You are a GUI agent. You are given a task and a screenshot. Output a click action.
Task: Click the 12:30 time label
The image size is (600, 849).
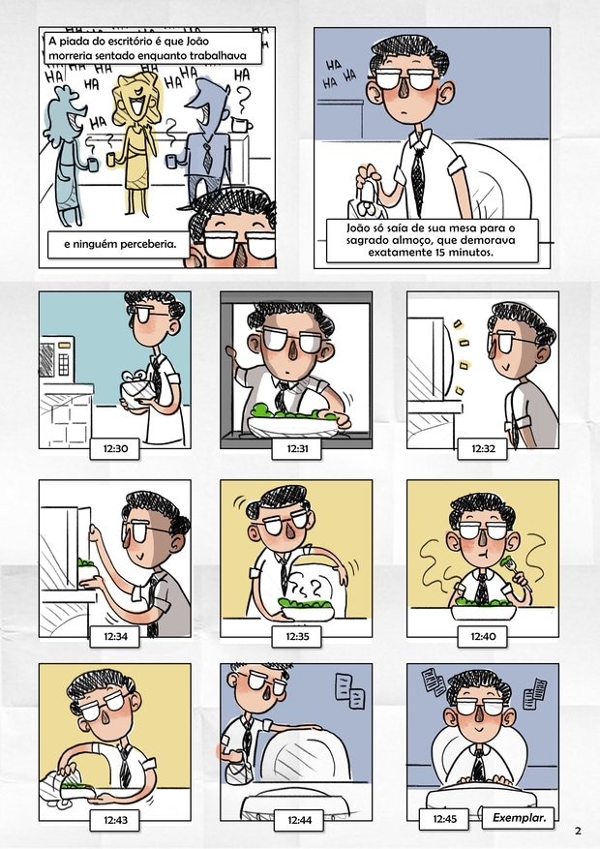(115, 448)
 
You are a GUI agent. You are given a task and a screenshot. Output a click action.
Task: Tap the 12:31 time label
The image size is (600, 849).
(297, 448)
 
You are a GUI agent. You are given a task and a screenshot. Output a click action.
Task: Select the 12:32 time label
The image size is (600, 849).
(483, 448)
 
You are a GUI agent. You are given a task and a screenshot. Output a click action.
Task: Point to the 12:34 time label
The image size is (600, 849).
(115, 636)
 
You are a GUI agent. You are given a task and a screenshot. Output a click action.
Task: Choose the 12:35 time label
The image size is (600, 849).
(297, 636)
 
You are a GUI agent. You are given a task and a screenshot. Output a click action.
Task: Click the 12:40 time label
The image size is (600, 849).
(483, 636)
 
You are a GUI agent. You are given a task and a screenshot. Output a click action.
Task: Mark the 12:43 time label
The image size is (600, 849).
(115, 820)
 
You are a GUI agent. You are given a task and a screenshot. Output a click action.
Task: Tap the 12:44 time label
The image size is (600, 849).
(299, 820)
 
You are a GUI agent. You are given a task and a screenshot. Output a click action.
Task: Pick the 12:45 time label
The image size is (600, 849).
(445, 819)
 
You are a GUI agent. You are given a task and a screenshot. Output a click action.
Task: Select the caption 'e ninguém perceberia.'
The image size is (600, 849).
(120, 244)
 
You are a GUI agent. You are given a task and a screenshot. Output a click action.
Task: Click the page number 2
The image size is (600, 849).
(578, 831)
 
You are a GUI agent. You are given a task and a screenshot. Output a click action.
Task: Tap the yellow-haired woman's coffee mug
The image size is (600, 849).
(111, 159)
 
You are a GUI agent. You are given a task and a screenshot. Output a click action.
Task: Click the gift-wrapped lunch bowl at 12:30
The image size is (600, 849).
(136, 389)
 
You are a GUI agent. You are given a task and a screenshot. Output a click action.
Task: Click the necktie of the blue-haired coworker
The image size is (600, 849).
(207, 153)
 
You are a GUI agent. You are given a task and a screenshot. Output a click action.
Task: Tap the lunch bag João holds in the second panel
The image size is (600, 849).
(366, 197)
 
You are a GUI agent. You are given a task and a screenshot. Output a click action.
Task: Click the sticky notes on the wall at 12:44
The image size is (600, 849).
(349, 690)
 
